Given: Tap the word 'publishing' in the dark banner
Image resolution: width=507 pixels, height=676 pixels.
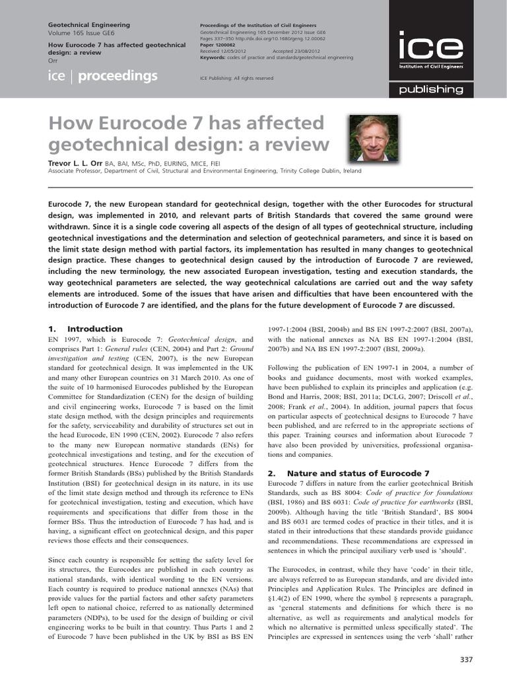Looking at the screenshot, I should (x=435, y=89).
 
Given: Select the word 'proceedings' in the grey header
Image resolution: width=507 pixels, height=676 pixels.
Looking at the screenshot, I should (x=118, y=77).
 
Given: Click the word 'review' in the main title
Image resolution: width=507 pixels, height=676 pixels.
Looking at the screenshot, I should (x=294, y=144).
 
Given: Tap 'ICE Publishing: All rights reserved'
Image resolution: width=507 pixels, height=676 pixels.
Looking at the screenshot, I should (x=236, y=78).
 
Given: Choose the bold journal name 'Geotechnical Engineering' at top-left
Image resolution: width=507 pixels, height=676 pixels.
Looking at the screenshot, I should (x=89, y=24).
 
